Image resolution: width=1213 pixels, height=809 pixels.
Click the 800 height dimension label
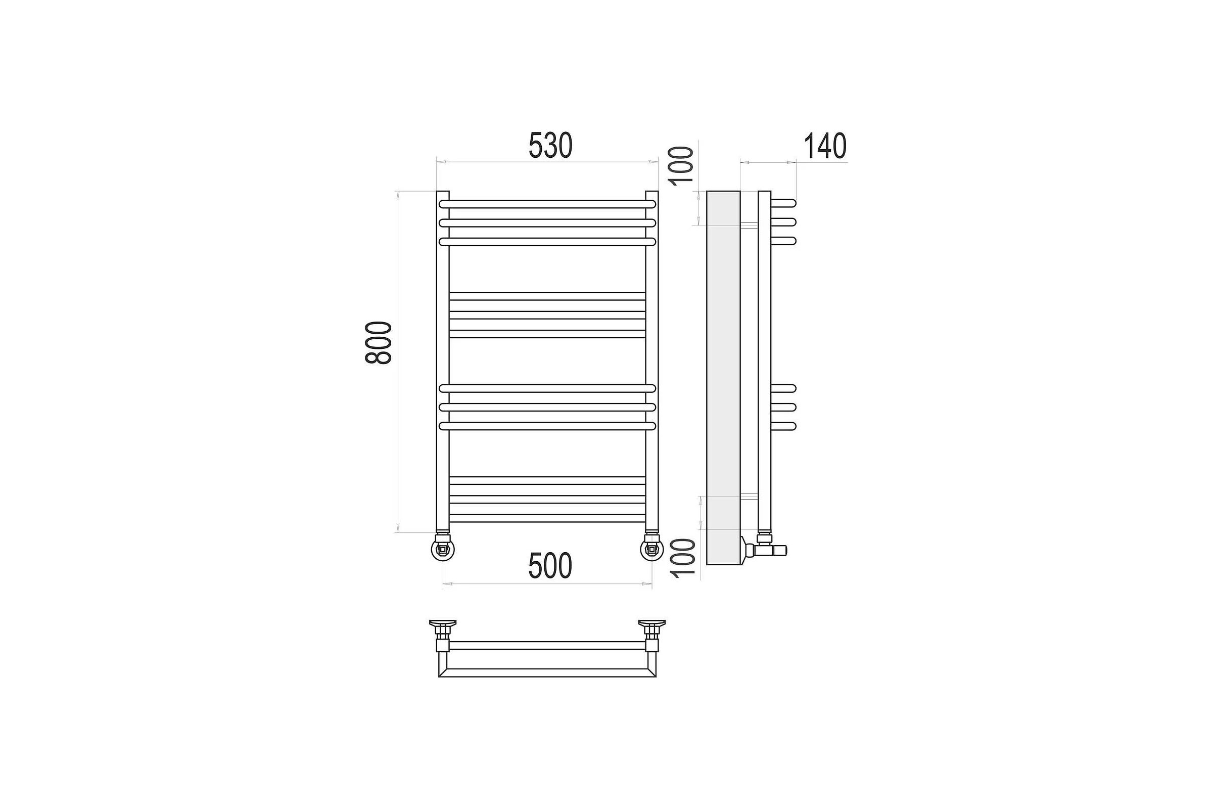coord(379,343)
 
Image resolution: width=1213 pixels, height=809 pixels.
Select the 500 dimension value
coord(550,566)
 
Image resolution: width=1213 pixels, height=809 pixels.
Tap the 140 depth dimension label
coord(825,146)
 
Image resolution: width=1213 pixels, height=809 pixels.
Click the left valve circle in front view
coord(443,550)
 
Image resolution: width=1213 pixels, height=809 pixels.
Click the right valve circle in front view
coord(652,550)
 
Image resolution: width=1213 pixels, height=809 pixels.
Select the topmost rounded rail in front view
coord(547,204)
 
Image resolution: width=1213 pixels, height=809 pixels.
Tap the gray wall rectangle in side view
coord(723,378)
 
